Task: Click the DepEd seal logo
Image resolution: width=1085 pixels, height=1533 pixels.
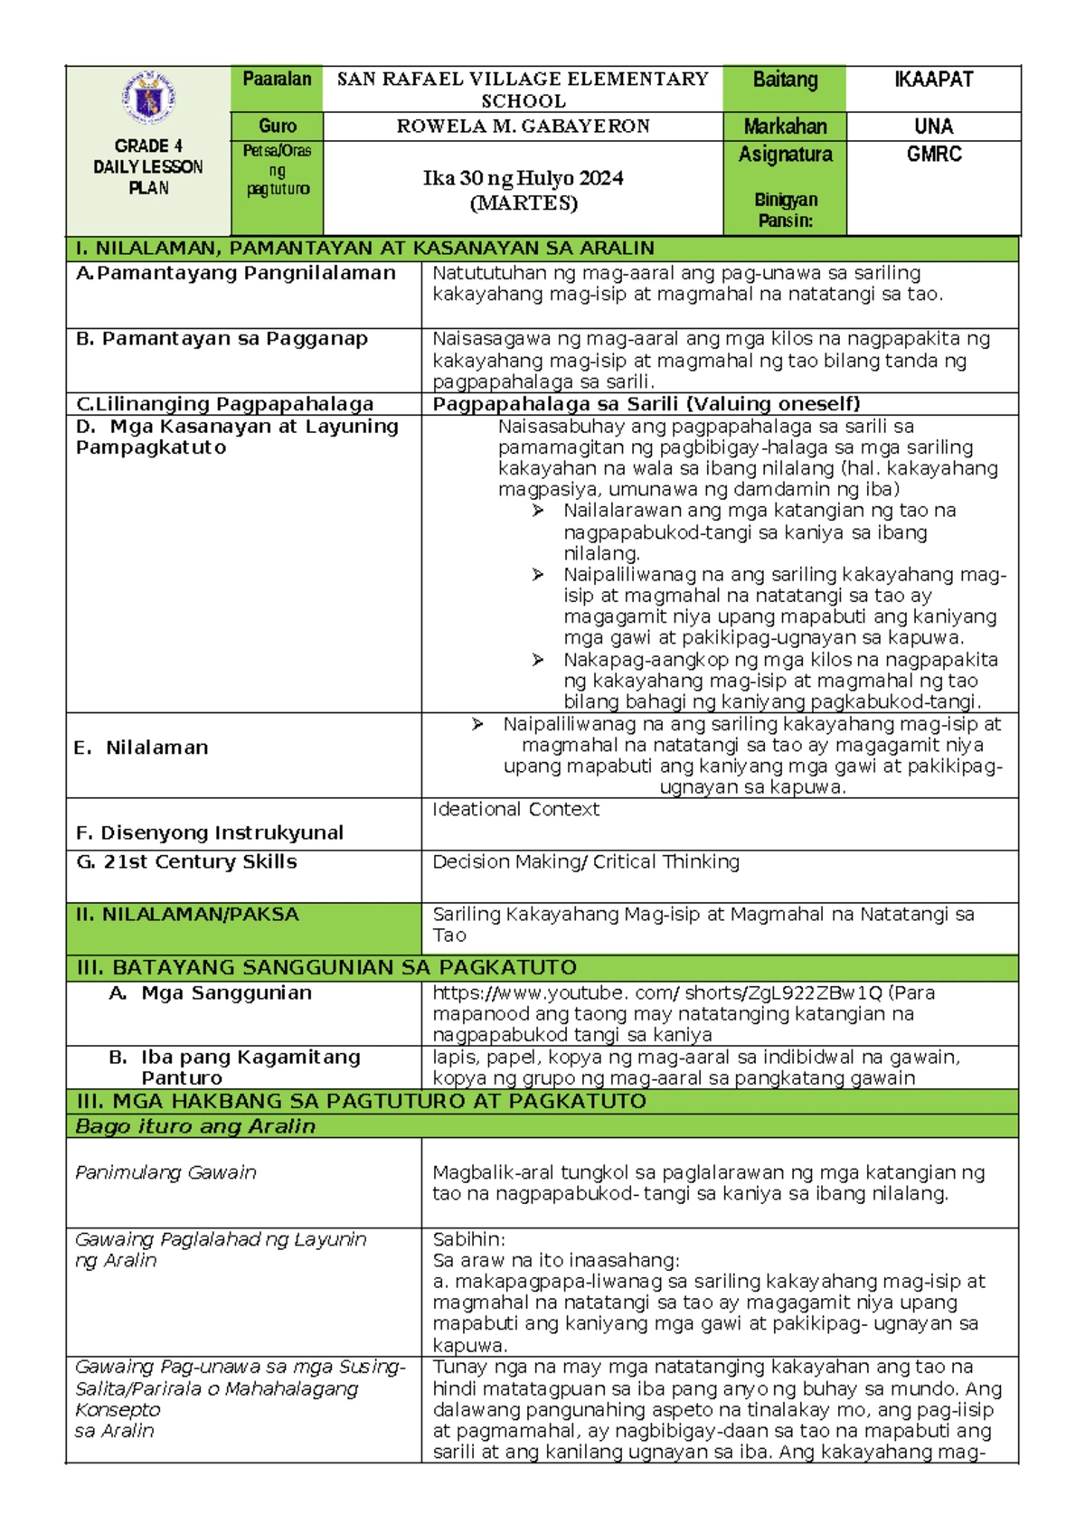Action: [x=148, y=99]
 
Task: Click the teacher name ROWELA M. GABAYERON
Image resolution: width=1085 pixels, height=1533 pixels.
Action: [x=523, y=127]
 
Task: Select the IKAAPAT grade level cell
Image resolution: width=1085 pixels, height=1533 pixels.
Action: [x=933, y=80]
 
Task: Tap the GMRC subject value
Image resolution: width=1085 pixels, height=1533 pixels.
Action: [x=934, y=155]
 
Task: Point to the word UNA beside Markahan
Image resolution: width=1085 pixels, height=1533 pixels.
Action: [x=933, y=127]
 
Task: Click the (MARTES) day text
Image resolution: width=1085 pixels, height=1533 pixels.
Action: [x=523, y=202]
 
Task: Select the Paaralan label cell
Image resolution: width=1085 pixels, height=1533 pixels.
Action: [x=277, y=80]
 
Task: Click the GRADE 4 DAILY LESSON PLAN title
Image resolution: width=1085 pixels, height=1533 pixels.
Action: [x=148, y=166]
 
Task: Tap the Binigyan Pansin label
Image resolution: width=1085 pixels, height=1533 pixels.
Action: [x=785, y=210]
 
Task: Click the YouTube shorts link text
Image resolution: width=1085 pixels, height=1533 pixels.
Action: [x=657, y=992]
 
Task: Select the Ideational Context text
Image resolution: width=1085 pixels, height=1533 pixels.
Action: [x=515, y=810]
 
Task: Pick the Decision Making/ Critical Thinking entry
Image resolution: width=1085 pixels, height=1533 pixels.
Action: [x=586, y=862]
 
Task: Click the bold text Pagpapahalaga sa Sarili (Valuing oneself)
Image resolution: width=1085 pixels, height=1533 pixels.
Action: [x=646, y=404]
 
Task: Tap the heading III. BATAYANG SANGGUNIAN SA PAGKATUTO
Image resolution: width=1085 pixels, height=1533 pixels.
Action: [x=326, y=967]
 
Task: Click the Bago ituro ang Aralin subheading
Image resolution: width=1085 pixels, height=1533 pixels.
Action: [x=195, y=1126]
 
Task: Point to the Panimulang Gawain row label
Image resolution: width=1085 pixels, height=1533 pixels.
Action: [x=165, y=1172]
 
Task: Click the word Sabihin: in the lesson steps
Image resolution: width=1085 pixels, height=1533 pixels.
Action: [x=468, y=1239]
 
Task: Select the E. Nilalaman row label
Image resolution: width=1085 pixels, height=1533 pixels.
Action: [x=142, y=748]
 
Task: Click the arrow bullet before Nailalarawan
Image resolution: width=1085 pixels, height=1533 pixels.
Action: [x=538, y=511]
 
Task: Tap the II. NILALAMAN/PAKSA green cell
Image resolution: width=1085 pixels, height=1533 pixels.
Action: [x=187, y=915]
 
